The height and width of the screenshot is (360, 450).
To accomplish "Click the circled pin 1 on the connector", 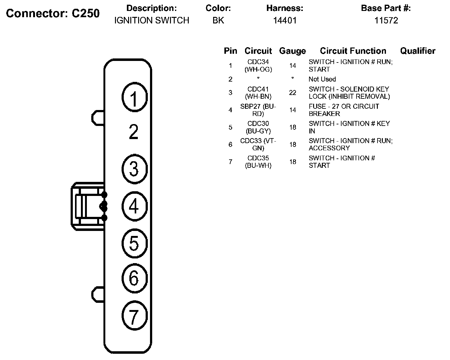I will click(134, 98).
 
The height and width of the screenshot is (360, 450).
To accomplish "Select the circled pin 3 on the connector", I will click(134, 169).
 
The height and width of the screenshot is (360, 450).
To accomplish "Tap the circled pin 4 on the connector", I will click(134, 206).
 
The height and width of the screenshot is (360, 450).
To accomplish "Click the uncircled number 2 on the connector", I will click(134, 132).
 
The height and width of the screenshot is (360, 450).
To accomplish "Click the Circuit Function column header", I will click(353, 51).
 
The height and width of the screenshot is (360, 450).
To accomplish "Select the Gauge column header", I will click(292, 51).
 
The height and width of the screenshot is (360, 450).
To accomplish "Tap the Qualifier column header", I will click(417, 51).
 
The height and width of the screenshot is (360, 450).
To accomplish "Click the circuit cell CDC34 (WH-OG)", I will click(258, 66).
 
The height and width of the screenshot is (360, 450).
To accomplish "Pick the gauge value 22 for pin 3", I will click(292, 93).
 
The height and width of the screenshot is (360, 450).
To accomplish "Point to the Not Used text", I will click(322, 79).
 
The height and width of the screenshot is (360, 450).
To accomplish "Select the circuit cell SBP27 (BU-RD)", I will click(258, 110).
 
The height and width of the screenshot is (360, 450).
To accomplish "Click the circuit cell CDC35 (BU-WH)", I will click(258, 162).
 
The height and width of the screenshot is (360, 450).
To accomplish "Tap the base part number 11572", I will click(386, 21).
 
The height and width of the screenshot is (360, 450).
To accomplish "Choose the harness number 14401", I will click(284, 21).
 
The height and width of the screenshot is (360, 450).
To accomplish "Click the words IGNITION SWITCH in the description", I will click(152, 21).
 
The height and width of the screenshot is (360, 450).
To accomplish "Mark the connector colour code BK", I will click(218, 21).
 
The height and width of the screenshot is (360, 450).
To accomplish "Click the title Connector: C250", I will click(53, 13).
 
